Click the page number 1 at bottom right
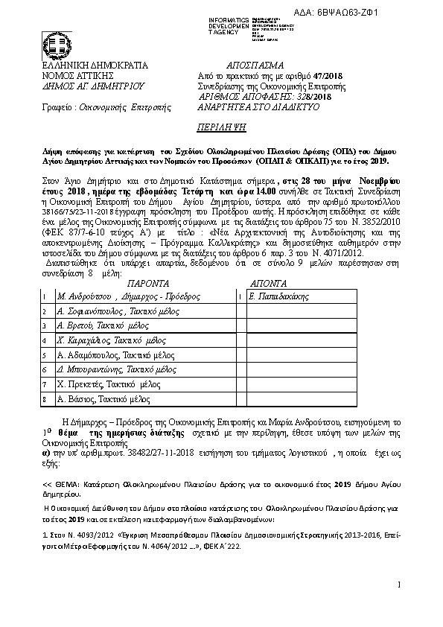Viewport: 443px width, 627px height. click(399, 585)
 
